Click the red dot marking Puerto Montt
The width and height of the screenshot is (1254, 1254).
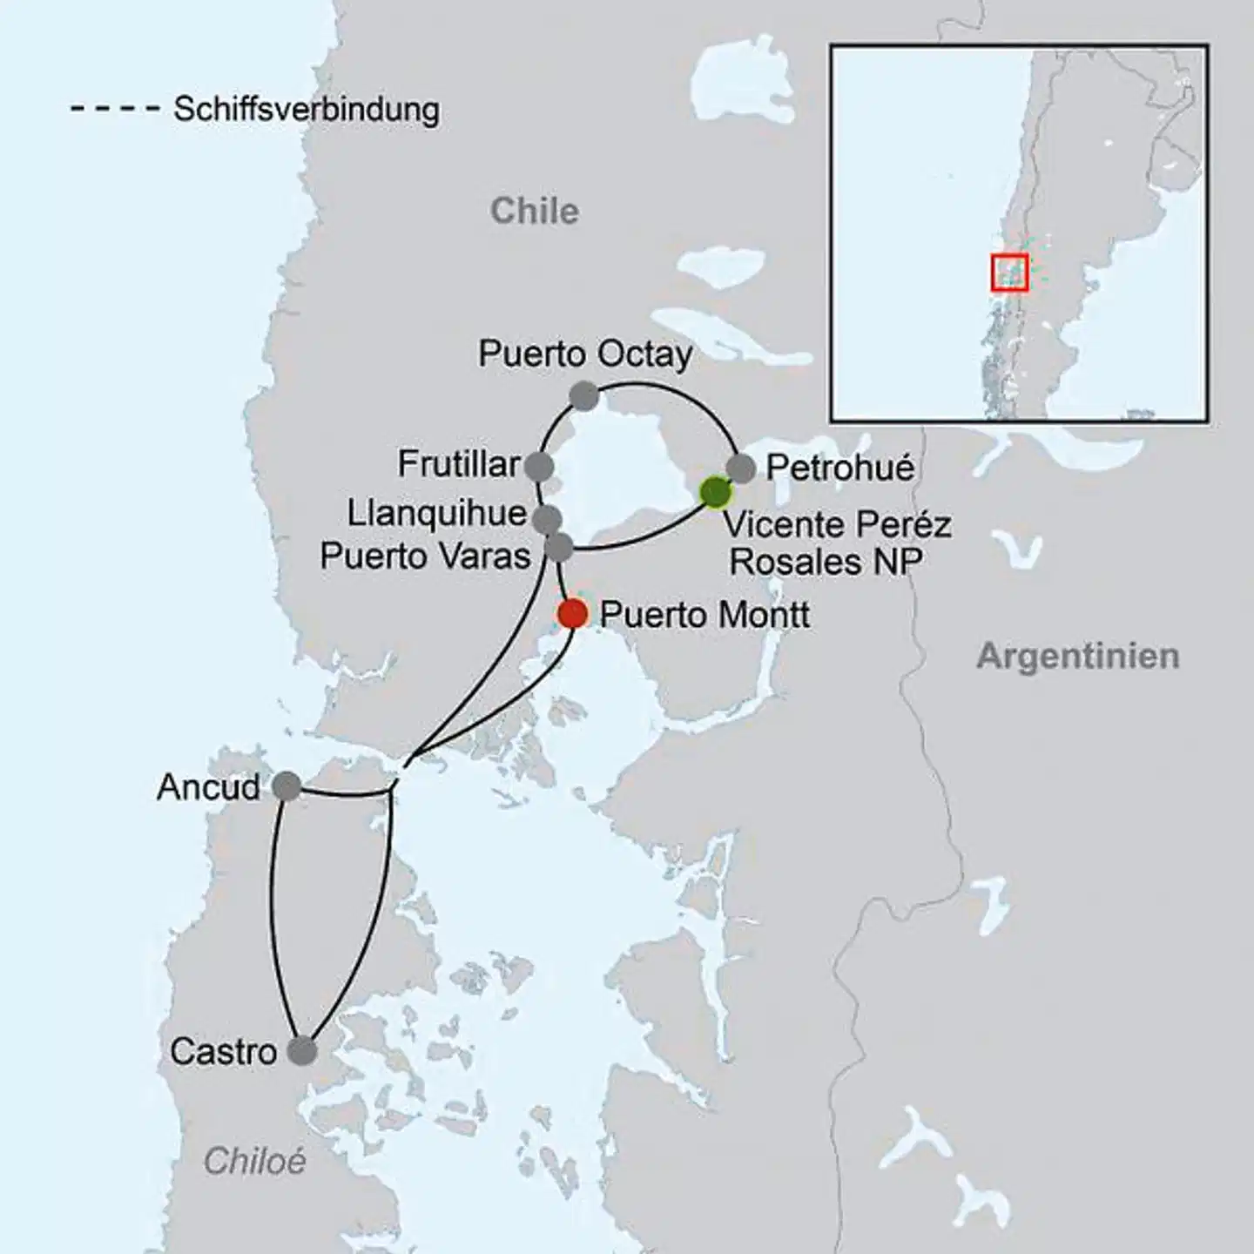point(572,614)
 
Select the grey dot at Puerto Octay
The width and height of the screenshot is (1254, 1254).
point(583,397)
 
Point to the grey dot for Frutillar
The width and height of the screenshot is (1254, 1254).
point(539,467)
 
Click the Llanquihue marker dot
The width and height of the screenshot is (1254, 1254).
point(546,520)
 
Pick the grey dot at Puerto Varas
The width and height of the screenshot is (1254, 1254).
point(558,548)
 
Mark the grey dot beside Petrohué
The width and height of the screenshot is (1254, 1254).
point(741,468)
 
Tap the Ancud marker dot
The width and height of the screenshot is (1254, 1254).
point(287,786)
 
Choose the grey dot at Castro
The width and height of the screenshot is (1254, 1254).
point(302,1051)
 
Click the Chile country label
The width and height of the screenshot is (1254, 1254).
point(534,211)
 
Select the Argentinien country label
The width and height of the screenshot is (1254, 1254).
point(1077,656)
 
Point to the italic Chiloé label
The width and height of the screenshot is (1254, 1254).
point(254,1161)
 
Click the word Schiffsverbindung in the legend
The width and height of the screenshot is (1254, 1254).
point(306,110)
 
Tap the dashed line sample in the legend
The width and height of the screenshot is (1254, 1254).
point(115,110)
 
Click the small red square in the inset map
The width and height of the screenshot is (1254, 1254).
point(1009,272)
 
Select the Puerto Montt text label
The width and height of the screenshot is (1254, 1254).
point(705,615)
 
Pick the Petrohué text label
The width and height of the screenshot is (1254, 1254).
point(839,469)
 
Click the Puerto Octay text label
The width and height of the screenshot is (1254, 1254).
point(585,354)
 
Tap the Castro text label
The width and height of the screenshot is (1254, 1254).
point(223,1052)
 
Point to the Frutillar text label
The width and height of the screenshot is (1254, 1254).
point(459,464)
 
